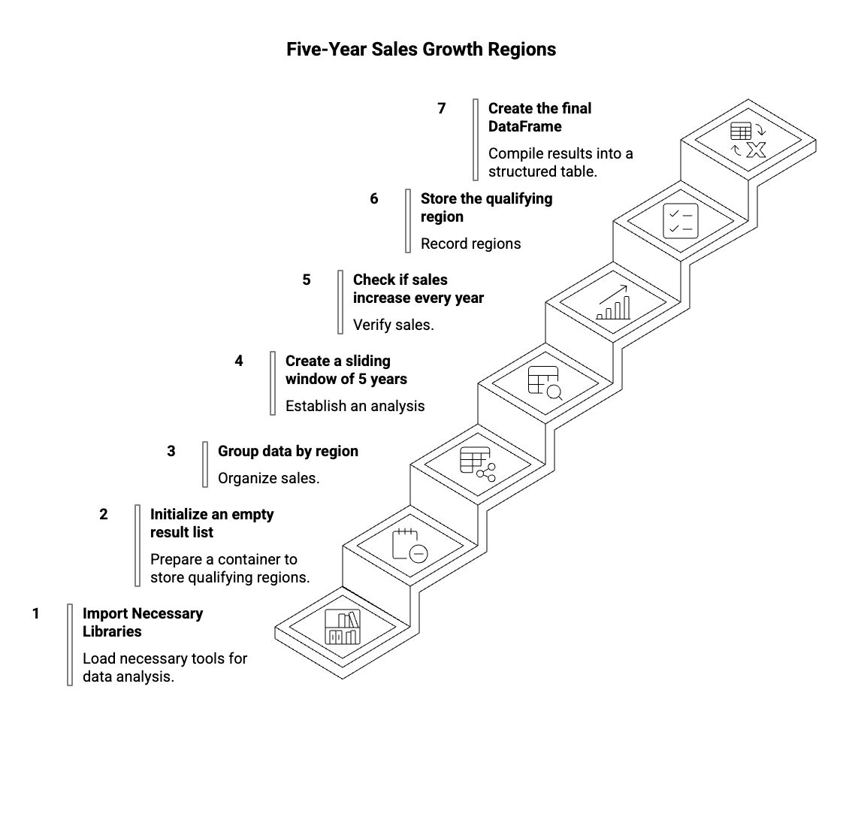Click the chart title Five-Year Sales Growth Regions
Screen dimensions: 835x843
click(x=421, y=50)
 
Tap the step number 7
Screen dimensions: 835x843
click(x=442, y=108)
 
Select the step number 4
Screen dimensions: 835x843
click(x=239, y=361)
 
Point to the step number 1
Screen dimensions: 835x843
click(x=35, y=613)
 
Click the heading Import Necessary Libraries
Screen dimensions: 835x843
click(x=142, y=622)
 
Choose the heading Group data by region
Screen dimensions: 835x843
click(x=288, y=451)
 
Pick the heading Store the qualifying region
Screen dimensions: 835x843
click(x=486, y=207)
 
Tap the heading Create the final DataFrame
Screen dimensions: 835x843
click(x=539, y=117)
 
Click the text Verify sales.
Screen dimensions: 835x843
click(x=394, y=325)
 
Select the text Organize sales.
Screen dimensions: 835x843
click(x=268, y=478)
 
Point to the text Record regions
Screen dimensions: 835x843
click(x=470, y=244)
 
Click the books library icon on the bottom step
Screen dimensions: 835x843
click(x=343, y=627)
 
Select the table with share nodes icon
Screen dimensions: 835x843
click(x=478, y=464)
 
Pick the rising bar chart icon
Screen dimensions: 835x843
click(x=613, y=302)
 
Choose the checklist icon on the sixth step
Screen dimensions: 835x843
click(x=681, y=220)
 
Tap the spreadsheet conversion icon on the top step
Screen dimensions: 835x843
click(x=748, y=140)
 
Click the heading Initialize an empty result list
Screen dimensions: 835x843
click(x=212, y=523)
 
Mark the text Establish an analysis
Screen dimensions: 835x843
click(x=355, y=406)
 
